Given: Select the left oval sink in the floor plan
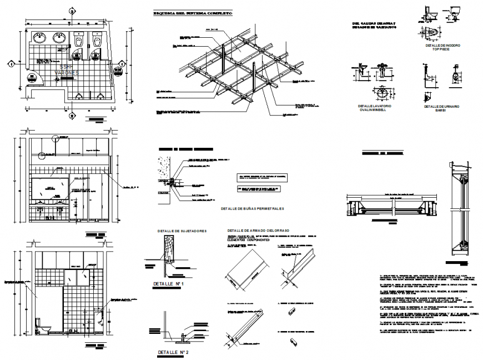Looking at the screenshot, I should tap(40, 38).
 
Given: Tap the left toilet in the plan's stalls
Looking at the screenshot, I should tap(80, 42).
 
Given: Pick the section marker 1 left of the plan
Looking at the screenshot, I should tap(10, 64).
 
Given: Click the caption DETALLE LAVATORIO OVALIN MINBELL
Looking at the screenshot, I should tap(375, 108).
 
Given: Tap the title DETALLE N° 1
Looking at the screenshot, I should tap(172, 284).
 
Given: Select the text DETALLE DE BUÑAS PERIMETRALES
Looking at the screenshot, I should tap(252, 209).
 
